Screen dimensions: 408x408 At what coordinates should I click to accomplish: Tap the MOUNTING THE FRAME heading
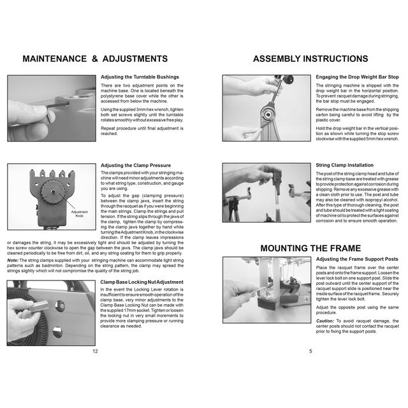tap(310, 248)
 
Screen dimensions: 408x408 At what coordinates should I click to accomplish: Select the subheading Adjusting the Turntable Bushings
tap(140, 77)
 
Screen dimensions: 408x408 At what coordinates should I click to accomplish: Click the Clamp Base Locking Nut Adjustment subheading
tap(142, 281)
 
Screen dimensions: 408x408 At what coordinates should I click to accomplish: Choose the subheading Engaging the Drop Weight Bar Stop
tap(357, 77)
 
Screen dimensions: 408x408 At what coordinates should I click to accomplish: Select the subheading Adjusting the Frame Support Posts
tap(357, 259)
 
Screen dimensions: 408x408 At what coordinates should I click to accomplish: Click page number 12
tap(95, 351)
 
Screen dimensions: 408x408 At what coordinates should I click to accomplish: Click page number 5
tap(310, 351)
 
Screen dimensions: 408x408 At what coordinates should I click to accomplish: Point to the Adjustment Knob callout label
tap(79, 214)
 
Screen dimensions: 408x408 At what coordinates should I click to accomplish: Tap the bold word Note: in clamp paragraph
tap(13, 260)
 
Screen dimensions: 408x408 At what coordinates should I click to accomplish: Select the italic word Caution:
tap(325, 321)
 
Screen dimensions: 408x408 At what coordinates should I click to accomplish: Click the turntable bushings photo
tap(51, 108)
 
